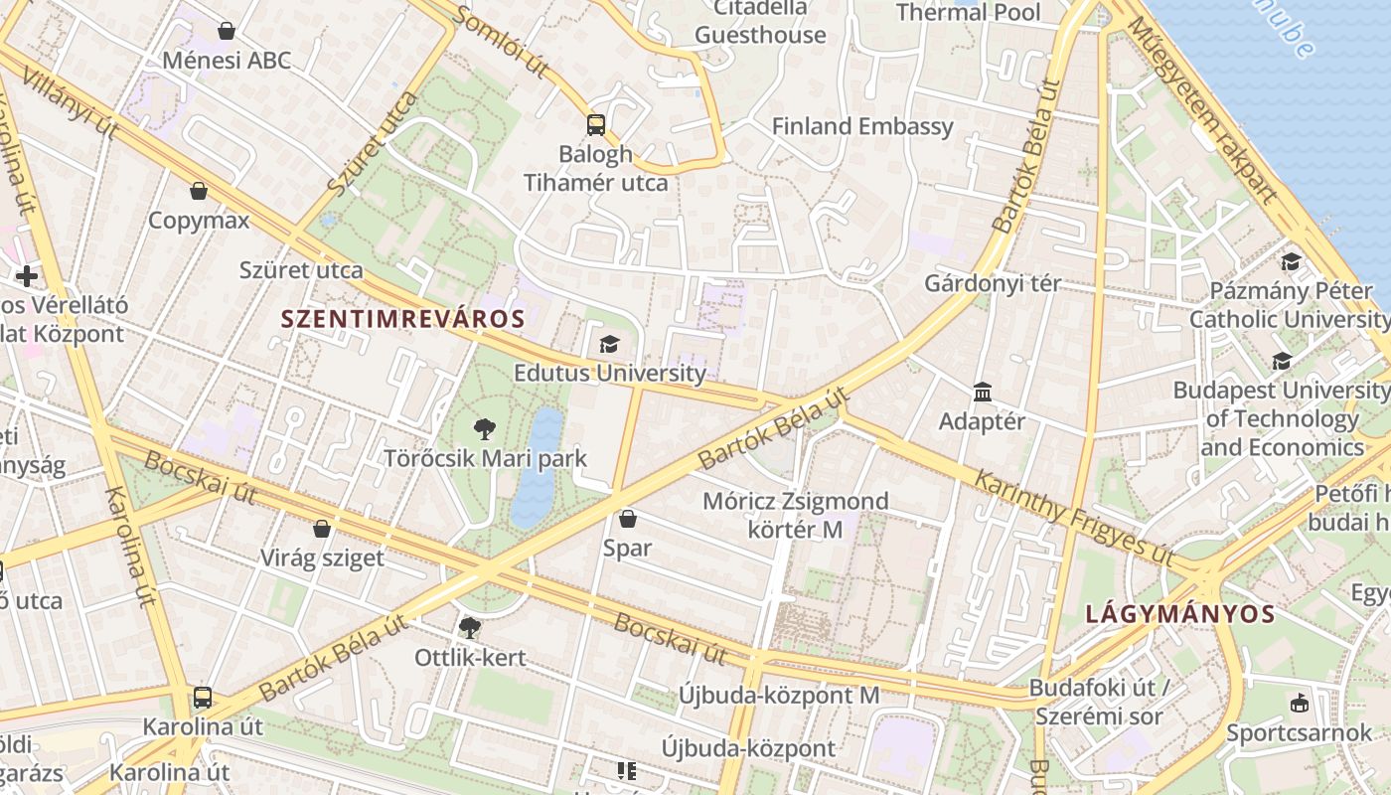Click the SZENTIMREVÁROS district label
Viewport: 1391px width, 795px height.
pos(402,319)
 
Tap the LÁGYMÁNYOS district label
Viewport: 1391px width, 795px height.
pos(1179,613)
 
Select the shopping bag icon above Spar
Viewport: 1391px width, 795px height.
pos(627,519)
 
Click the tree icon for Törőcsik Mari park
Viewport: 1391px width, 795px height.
pos(485,429)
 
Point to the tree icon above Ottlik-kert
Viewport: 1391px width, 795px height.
pos(469,627)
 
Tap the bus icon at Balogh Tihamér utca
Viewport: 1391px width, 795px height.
pos(595,125)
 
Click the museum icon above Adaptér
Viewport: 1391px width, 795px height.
pos(983,393)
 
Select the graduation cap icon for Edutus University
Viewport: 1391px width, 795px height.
pos(609,344)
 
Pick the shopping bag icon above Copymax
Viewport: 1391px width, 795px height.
pos(199,191)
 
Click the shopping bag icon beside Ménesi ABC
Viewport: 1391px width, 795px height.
pos(227,31)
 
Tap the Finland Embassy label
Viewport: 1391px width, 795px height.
pos(862,126)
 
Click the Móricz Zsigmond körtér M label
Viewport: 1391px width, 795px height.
pos(795,515)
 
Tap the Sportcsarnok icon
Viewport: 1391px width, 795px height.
pos(1298,704)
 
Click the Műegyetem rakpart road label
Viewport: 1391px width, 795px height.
pos(1202,109)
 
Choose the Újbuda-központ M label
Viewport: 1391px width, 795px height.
pos(779,695)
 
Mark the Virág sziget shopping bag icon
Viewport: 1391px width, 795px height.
pos(322,529)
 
